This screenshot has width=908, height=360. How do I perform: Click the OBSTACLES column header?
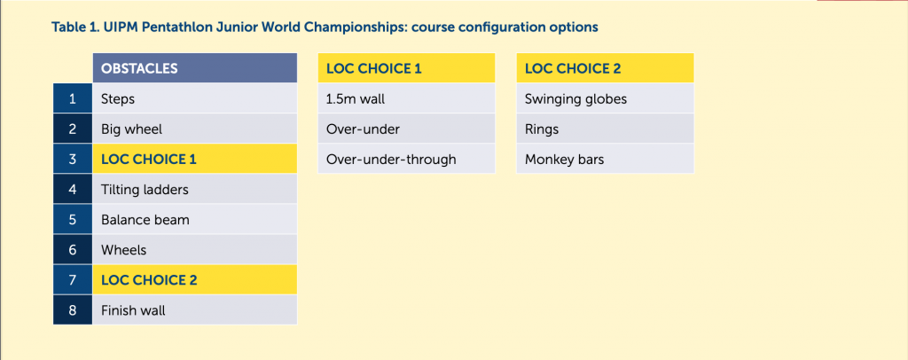click(x=195, y=68)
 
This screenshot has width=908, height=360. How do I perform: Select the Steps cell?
click(x=195, y=98)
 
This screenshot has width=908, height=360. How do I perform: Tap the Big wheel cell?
click(x=195, y=129)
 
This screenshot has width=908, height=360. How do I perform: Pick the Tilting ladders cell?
click(x=195, y=189)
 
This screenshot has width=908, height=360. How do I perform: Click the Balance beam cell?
click(x=195, y=219)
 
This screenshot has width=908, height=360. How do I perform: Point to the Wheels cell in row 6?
click(x=195, y=249)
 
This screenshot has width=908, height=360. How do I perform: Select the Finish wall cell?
click(x=195, y=310)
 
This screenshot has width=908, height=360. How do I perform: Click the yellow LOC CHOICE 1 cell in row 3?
click(x=195, y=160)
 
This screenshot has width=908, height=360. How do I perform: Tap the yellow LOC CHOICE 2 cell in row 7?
click(x=195, y=280)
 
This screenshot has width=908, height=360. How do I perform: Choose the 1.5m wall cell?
click(x=406, y=98)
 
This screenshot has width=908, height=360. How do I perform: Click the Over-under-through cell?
click(x=406, y=160)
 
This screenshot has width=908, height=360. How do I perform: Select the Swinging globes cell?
click(x=605, y=98)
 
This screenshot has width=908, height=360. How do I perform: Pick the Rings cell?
click(x=605, y=129)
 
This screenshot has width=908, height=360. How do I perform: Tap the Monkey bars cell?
click(x=605, y=160)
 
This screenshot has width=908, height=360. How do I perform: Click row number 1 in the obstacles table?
click(x=73, y=98)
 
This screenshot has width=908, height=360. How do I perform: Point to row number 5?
click(x=73, y=219)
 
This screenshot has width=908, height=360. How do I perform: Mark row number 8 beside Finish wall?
click(x=73, y=310)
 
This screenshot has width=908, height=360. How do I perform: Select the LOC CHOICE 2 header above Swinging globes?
click(x=605, y=68)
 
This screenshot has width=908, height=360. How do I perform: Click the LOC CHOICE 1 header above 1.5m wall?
click(x=406, y=68)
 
